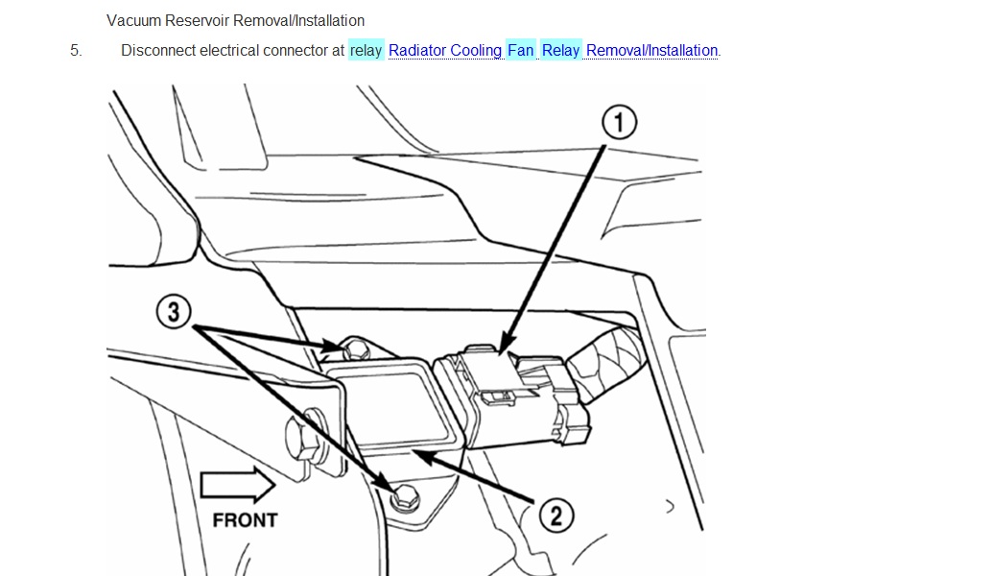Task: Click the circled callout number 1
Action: click(x=619, y=122)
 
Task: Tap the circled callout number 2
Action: click(x=555, y=516)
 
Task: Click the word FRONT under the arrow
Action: click(x=245, y=519)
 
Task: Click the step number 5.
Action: click(x=76, y=50)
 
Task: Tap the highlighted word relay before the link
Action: click(x=366, y=50)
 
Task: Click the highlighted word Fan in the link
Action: click(x=521, y=50)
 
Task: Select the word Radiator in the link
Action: click(x=418, y=50)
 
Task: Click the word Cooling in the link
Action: click(x=477, y=50)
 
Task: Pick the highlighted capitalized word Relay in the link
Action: click(x=561, y=50)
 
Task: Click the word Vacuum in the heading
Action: click(x=134, y=20)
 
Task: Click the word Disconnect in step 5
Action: click(x=158, y=50)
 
